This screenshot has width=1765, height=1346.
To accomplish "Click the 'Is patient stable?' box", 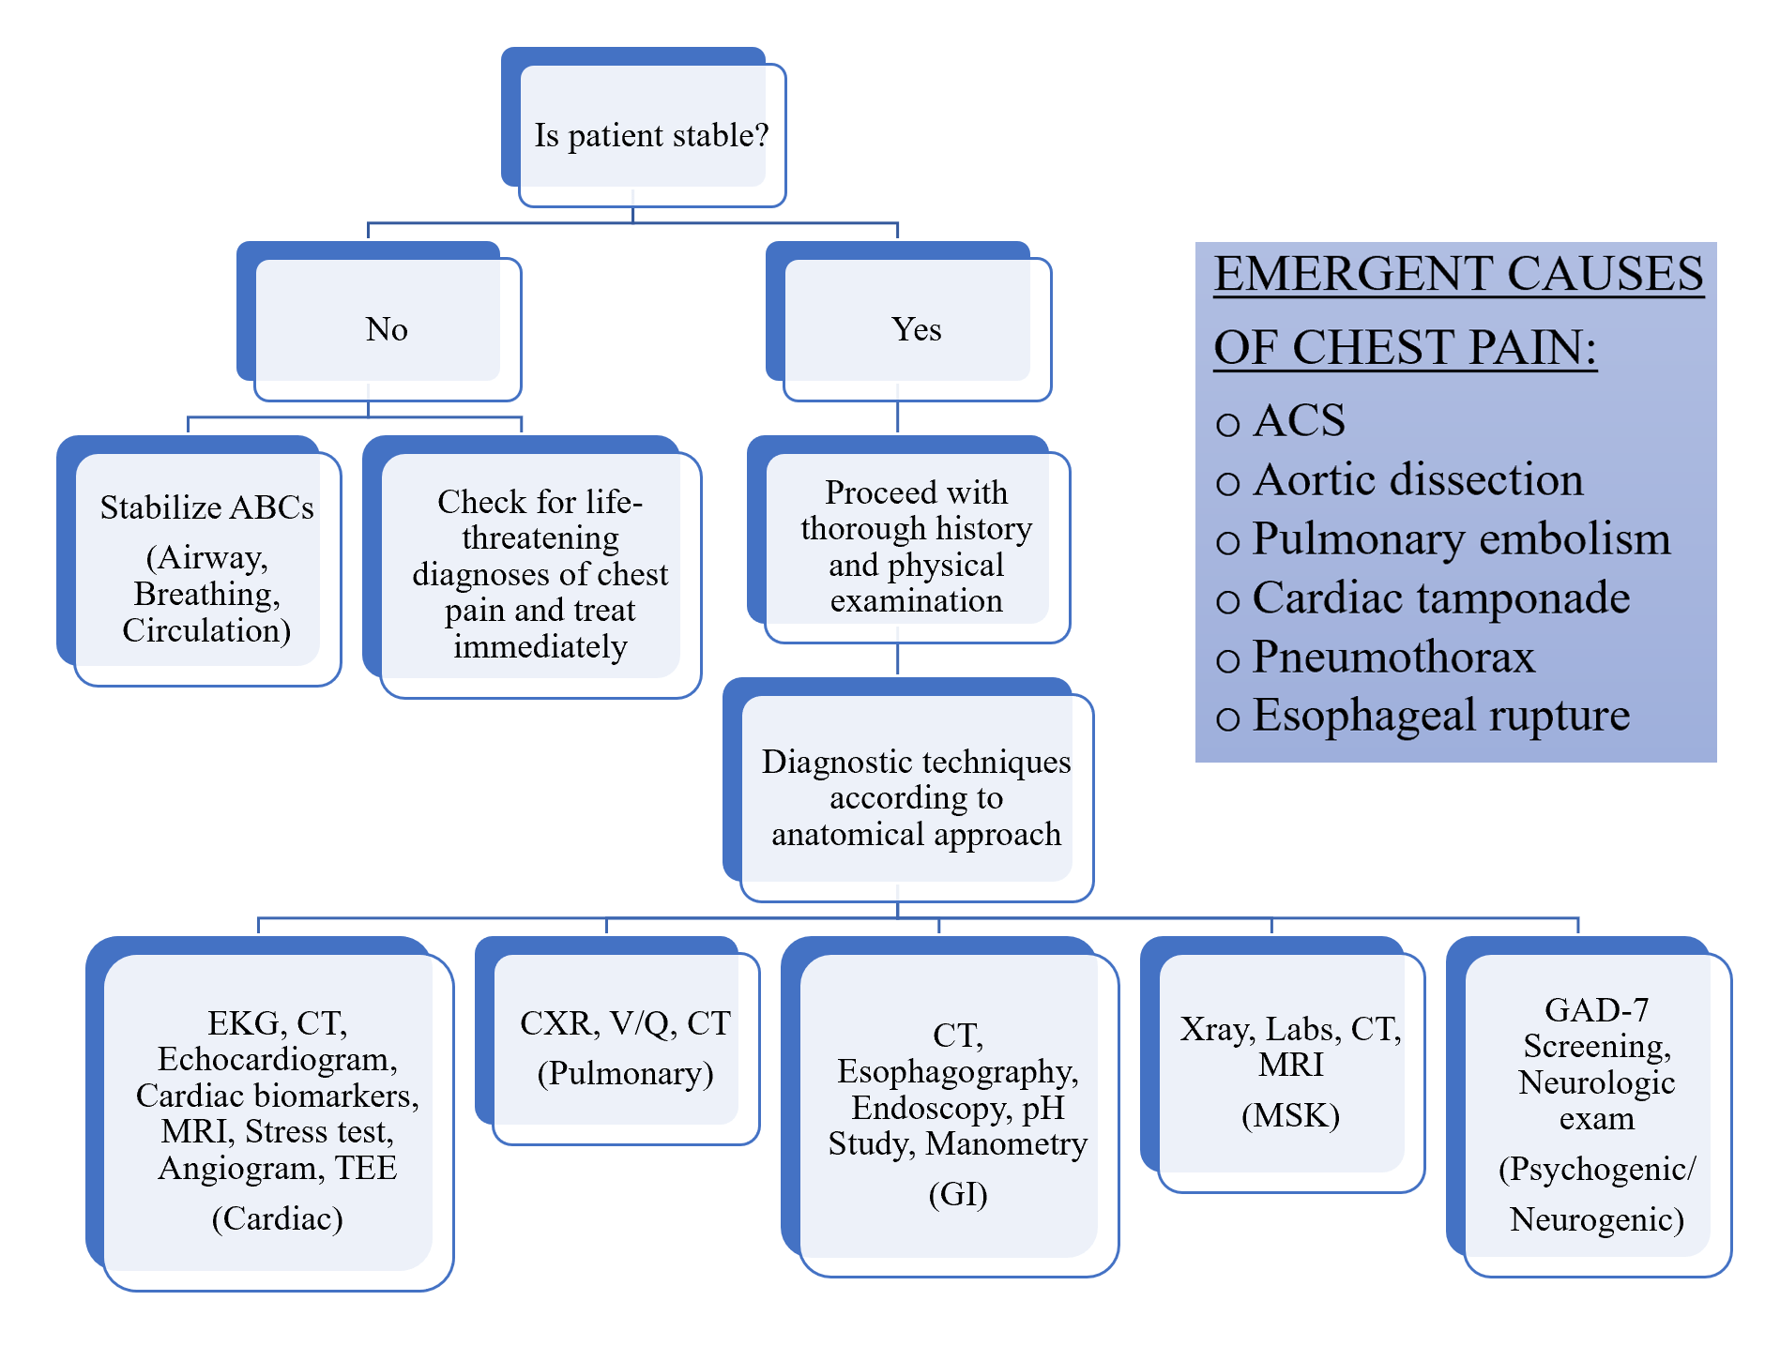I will pyautogui.click(x=651, y=135).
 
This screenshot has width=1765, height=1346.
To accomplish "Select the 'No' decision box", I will pyautogui.click(x=386, y=329).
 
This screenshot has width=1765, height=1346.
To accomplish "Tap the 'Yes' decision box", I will pyautogui.click(x=916, y=329).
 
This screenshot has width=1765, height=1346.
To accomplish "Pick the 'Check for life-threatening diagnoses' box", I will pyautogui.click(x=540, y=573).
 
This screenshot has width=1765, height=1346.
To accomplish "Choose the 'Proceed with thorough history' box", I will pyautogui.click(x=916, y=546).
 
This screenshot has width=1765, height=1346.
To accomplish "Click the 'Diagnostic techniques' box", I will pyautogui.click(x=916, y=797).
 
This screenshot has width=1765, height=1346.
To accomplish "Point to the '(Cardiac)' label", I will pyautogui.click(x=277, y=1218).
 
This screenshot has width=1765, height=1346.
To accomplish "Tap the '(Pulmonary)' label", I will pyautogui.click(x=625, y=1073).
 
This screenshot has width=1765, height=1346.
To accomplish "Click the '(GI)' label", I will pyautogui.click(x=957, y=1194).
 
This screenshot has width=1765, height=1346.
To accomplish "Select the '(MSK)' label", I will pyautogui.click(x=1290, y=1115).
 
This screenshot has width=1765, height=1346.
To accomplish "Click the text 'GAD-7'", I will pyautogui.click(x=1596, y=1009).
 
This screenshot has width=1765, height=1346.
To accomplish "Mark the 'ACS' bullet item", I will pyautogui.click(x=1299, y=420).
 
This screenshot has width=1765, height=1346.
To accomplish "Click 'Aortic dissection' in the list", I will pyautogui.click(x=1417, y=479).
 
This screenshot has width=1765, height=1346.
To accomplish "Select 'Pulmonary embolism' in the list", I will pyautogui.click(x=1461, y=538).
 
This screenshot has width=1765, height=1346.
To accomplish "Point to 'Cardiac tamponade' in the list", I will pyautogui.click(x=1440, y=597).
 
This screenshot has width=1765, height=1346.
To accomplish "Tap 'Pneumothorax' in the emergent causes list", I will pyautogui.click(x=1393, y=657).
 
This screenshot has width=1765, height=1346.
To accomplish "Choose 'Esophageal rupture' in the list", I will pyautogui.click(x=1440, y=715).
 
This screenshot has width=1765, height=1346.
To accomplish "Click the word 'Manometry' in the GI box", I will pyautogui.click(x=1006, y=1143).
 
